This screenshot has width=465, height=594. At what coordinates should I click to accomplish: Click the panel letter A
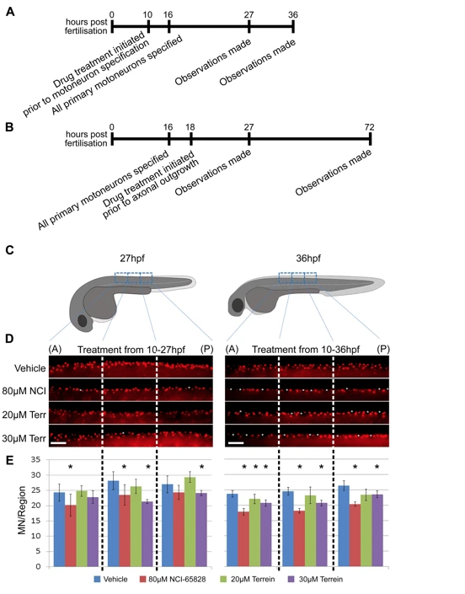click(x=10, y=12)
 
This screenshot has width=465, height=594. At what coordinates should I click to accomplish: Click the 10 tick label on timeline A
click(x=147, y=15)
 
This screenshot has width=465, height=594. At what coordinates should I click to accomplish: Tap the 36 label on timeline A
click(x=292, y=15)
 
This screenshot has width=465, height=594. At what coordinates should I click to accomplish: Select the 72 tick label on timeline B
click(x=369, y=127)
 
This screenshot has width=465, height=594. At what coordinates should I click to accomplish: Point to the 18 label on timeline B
click(x=190, y=127)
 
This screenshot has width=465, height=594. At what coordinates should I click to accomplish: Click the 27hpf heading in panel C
click(x=132, y=259)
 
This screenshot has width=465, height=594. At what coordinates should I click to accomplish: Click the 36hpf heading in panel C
click(x=308, y=259)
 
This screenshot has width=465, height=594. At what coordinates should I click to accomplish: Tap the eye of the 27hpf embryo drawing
click(x=83, y=321)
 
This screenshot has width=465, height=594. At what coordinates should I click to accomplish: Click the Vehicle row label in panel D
click(x=30, y=368)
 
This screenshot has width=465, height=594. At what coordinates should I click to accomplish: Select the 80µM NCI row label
click(x=24, y=391)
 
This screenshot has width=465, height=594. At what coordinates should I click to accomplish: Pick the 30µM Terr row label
click(x=24, y=439)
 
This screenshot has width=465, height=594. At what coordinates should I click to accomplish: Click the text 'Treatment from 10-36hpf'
click(x=306, y=350)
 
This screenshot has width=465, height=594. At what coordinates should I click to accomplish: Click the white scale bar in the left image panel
click(x=58, y=442)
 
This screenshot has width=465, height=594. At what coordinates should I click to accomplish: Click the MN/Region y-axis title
click(x=22, y=511)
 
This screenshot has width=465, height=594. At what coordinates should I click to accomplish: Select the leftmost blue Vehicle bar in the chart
click(x=59, y=530)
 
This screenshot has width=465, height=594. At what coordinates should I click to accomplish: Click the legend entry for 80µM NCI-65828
click(x=173, y=579)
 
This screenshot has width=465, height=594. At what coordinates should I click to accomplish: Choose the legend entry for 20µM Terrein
click(x=248, y=579)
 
